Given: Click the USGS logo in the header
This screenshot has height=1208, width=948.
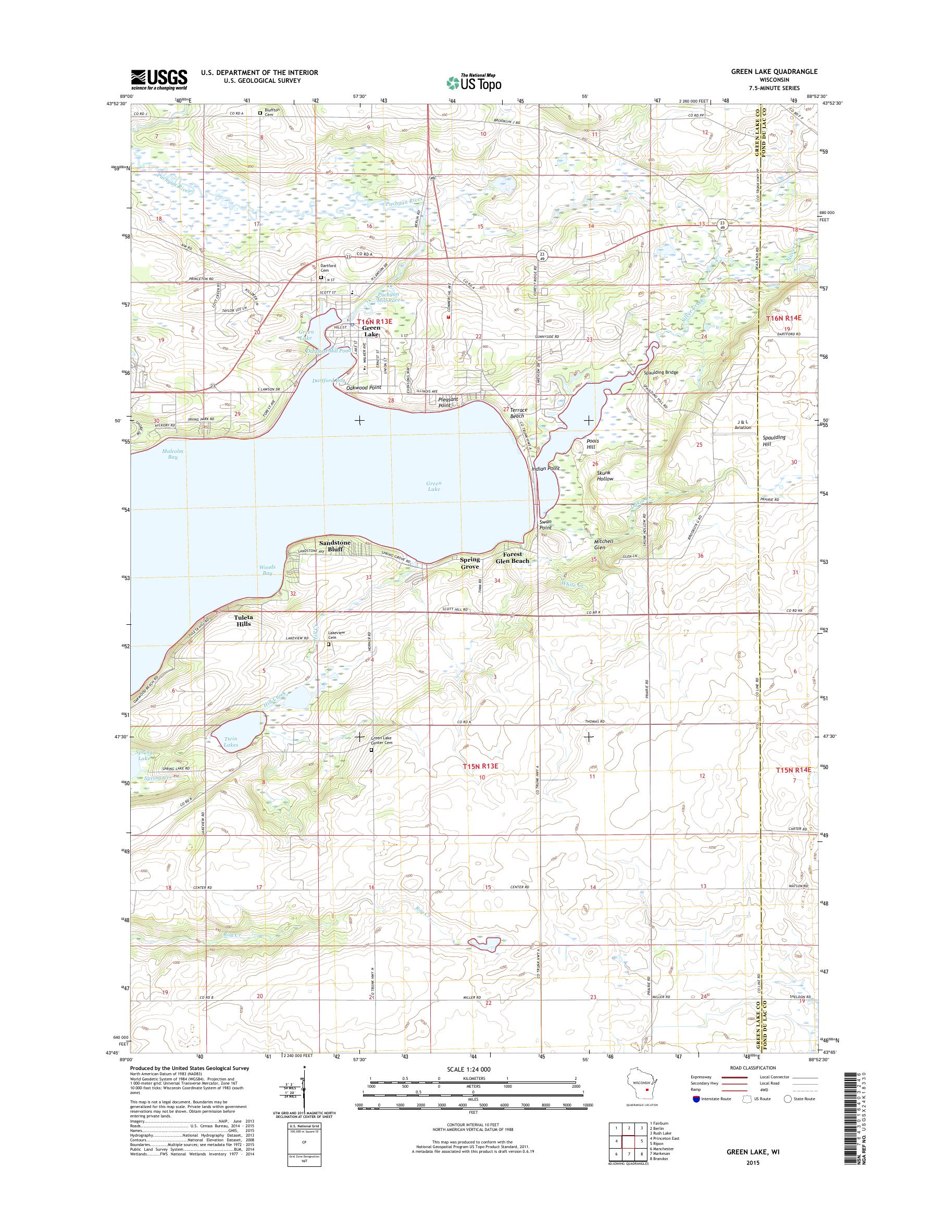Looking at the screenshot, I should click(159, 79).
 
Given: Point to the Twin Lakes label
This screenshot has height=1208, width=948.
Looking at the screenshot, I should click(230, 743).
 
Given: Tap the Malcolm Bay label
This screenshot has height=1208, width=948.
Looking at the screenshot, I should click(172, 454).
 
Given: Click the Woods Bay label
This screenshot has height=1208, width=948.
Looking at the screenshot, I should click(267, 569).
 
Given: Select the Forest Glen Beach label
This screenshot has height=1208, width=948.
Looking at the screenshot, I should click(516, 557).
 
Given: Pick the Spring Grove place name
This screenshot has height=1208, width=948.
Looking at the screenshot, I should click(469, 563).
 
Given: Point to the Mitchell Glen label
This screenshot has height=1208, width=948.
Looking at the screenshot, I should click(604, 544).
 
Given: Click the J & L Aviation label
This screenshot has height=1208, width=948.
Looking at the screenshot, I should click(743, 424).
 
